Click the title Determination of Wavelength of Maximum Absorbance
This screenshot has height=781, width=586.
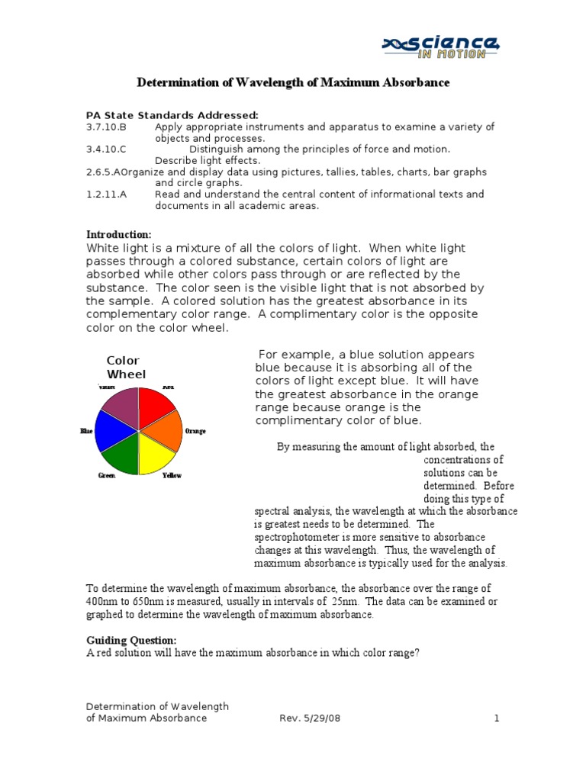293,82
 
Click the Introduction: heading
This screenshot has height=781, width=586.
119,234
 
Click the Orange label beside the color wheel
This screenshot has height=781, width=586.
195,432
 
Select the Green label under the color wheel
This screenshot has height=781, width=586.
106,475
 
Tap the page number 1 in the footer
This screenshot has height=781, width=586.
496,718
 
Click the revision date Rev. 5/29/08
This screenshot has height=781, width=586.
306,718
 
